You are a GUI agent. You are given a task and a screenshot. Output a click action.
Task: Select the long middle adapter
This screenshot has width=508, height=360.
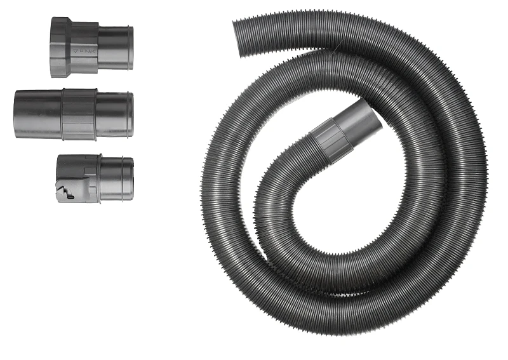click(74, 114)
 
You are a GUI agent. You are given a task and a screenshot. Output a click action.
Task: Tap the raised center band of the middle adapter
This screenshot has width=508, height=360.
click(79, 114)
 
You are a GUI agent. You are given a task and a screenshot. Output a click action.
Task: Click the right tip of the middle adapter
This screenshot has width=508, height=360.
click(130, 114)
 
